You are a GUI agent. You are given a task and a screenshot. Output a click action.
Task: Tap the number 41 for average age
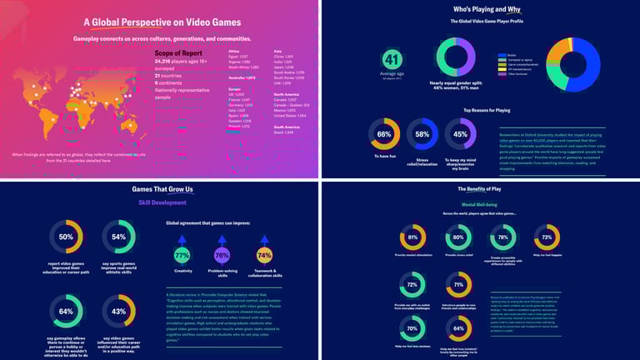coord(392,59)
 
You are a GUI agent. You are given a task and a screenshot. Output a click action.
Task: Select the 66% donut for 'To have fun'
coord(384,134)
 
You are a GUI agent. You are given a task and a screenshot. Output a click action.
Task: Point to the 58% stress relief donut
coord(422,134)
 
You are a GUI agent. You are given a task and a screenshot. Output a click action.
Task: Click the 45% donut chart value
coord(460,134)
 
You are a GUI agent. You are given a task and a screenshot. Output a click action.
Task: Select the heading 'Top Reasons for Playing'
coord(487,109)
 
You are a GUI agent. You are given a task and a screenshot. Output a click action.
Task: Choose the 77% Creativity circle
coord(182,255)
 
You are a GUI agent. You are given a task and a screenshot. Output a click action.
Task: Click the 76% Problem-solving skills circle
coord(222,255)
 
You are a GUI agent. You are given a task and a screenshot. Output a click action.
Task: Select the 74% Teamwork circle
coord(264,255)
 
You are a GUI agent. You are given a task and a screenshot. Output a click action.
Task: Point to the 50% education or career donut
coord(65,237)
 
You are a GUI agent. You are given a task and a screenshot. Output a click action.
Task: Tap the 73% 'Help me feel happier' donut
coord(546,237)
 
